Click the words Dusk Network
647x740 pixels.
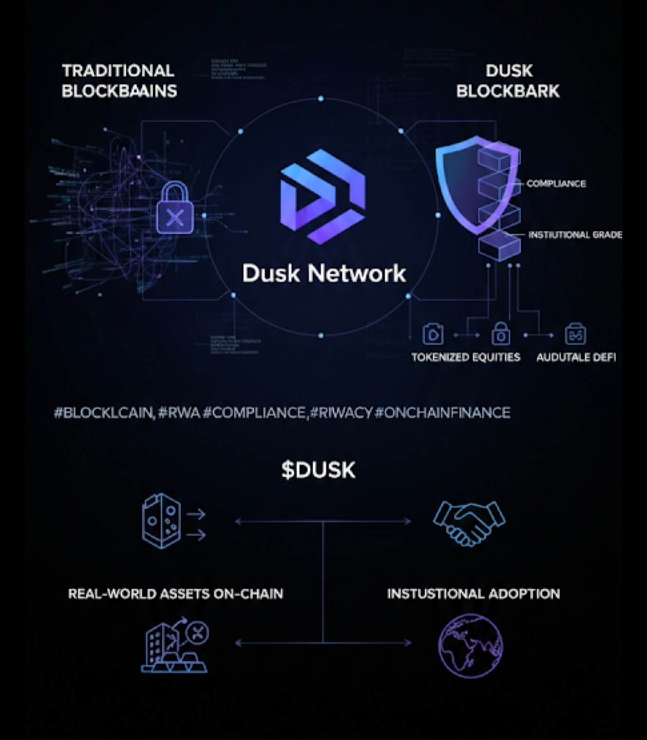tap(324, 273)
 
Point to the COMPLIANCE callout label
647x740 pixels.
tap(556, 183)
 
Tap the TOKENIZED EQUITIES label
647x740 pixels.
tap(465, 357)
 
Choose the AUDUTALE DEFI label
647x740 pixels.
tap(576, 357)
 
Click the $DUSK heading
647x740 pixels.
tap(318, 470)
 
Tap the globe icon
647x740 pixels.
tap(470, 645)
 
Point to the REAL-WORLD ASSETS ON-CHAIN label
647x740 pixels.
tap(176, 594)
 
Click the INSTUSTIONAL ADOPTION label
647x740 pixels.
tap(473, 594)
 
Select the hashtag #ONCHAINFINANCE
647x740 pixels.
tap(443, 413)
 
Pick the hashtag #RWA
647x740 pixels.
tap(179, 413)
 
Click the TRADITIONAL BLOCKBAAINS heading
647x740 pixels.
tap(119, 81)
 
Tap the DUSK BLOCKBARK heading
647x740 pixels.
tap(508, 81)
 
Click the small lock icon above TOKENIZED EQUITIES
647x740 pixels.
tap(500, 334)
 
